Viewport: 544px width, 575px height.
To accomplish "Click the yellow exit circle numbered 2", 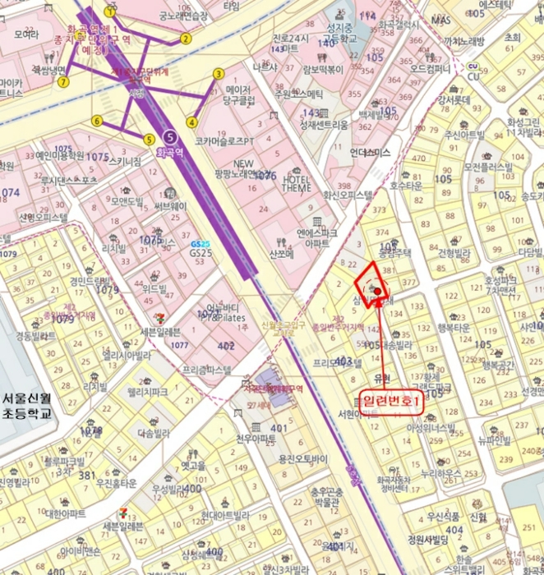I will [186, 38].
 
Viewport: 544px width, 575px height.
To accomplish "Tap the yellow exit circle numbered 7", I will [63, 81].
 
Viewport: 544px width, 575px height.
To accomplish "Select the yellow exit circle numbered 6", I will [97, 121].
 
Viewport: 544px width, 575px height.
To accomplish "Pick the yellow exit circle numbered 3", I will [219, 73].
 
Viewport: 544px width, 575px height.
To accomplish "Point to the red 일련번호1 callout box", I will [392, 401].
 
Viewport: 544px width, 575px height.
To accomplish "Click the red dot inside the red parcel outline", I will [377, 290].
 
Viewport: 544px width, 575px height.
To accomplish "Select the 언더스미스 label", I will [370, 152].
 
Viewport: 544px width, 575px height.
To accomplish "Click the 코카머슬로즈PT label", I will [224, 141].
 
